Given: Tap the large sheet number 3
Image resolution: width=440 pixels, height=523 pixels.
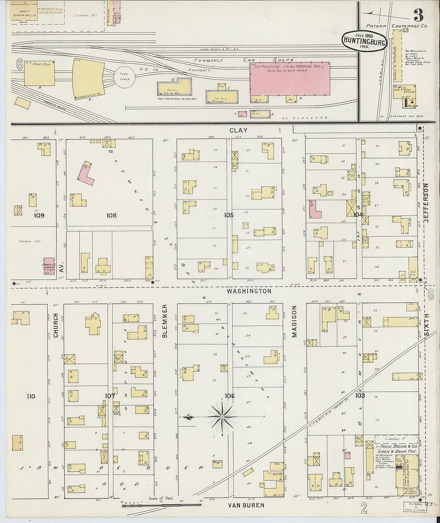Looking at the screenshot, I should tap(418, 16).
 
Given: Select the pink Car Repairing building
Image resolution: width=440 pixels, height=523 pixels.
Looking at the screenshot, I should tap(290, 78).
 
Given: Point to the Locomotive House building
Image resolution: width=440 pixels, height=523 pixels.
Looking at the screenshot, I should tap(88, 79).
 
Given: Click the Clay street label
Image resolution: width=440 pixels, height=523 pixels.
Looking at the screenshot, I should tap(238, 130).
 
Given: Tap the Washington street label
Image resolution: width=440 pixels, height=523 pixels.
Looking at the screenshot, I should tap(249, 291).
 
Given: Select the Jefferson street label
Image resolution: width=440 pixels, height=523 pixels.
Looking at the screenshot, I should tap(425, 200).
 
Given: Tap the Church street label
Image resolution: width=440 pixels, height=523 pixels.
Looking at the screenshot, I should tap(56, 325).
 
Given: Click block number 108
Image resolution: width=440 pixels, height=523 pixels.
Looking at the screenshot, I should tap(111, 216).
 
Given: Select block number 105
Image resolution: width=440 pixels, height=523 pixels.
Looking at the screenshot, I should tap(228, 216).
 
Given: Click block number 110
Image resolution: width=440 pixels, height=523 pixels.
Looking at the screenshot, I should tap(31, 396).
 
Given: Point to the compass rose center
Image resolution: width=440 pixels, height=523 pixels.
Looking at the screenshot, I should tap(222, 417).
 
